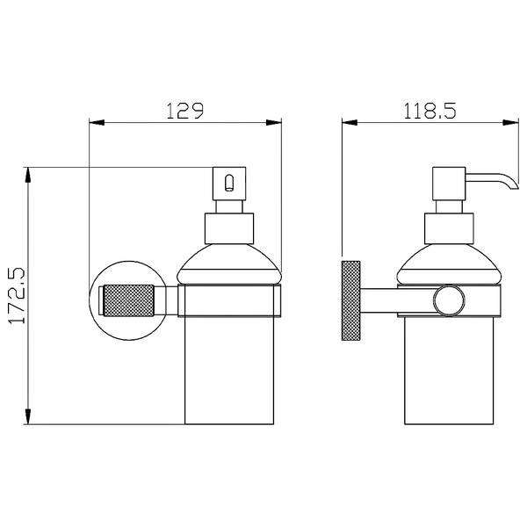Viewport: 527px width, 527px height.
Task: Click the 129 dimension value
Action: tap(184, 111)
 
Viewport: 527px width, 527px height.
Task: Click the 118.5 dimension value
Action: tap(430, 111)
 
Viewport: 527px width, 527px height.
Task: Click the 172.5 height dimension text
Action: tap(17, 296)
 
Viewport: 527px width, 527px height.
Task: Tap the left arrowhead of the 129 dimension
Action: tap(97, 123)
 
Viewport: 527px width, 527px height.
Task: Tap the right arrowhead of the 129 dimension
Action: tap(273, 123)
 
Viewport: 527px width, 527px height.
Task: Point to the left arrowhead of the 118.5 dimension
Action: tap(350, 123)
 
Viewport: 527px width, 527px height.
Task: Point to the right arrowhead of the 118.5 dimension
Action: tap(511, 123)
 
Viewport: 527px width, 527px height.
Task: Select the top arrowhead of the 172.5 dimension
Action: tap(28, 175)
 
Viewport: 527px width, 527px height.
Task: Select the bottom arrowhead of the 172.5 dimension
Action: tap(28, 416)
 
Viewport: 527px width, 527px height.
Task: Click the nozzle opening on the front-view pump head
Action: tap(229, 183)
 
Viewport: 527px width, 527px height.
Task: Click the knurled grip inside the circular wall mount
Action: tap(129, 300)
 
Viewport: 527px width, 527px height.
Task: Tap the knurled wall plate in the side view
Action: tap(350, 300)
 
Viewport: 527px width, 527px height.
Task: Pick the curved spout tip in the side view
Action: tap(514, 185)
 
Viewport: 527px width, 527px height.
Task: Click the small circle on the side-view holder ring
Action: tap(449, 300)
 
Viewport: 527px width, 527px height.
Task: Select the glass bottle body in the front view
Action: tap(229, 370)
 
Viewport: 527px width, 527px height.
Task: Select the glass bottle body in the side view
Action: tap(449, 370)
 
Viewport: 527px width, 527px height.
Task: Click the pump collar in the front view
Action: tap(229, 228)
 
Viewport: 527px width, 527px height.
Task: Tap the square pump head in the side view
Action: tap(449, 184)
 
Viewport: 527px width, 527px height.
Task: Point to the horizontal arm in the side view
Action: tap(397, 300)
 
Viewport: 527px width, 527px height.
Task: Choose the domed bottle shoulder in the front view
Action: tap(229, 264)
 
